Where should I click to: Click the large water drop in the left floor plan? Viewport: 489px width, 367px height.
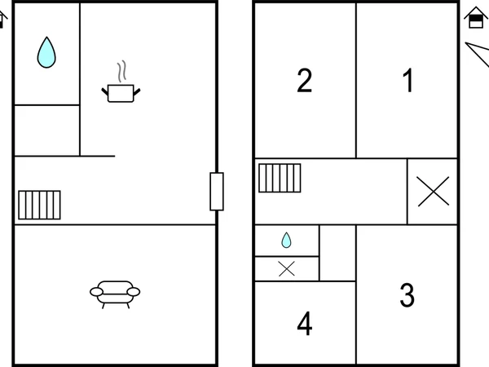click(x=46, y=52)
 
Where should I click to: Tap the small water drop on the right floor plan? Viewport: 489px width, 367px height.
click(x=286, y=241)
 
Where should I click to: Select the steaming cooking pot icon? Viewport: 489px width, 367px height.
click(x=121, y=82)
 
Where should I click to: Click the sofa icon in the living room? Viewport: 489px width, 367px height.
click(x=115, y=294)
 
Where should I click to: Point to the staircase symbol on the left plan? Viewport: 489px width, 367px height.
click(x=39, y=205)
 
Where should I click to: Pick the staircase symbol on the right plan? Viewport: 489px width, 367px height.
click(x=280, y=178)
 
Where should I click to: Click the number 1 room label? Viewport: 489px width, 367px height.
click(x=408, y=81)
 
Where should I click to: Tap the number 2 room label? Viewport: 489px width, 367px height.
click(x=304, y=81)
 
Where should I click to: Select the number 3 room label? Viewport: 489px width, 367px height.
click(x=407, y=295)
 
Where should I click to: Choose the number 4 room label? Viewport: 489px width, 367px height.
click(x=305, y=323)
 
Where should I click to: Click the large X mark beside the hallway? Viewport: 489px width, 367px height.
click(x=434, y=192)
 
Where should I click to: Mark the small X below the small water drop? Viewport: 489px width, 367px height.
click(x=287, y=269)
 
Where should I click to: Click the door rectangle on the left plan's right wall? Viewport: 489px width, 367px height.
click(x=217, y=192)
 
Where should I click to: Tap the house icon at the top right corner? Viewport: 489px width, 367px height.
click(x=476, y=18)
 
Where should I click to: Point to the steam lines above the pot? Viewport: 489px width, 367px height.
click(x=122, y=72)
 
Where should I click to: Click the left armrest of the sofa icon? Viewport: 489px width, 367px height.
click(x=96, y=292)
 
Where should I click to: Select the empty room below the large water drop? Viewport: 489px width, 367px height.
click(x=46, y=130)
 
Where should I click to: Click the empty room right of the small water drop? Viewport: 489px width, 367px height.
click(x=337, y=253)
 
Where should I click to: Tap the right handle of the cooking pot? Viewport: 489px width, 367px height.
click(x=137, y=91)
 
